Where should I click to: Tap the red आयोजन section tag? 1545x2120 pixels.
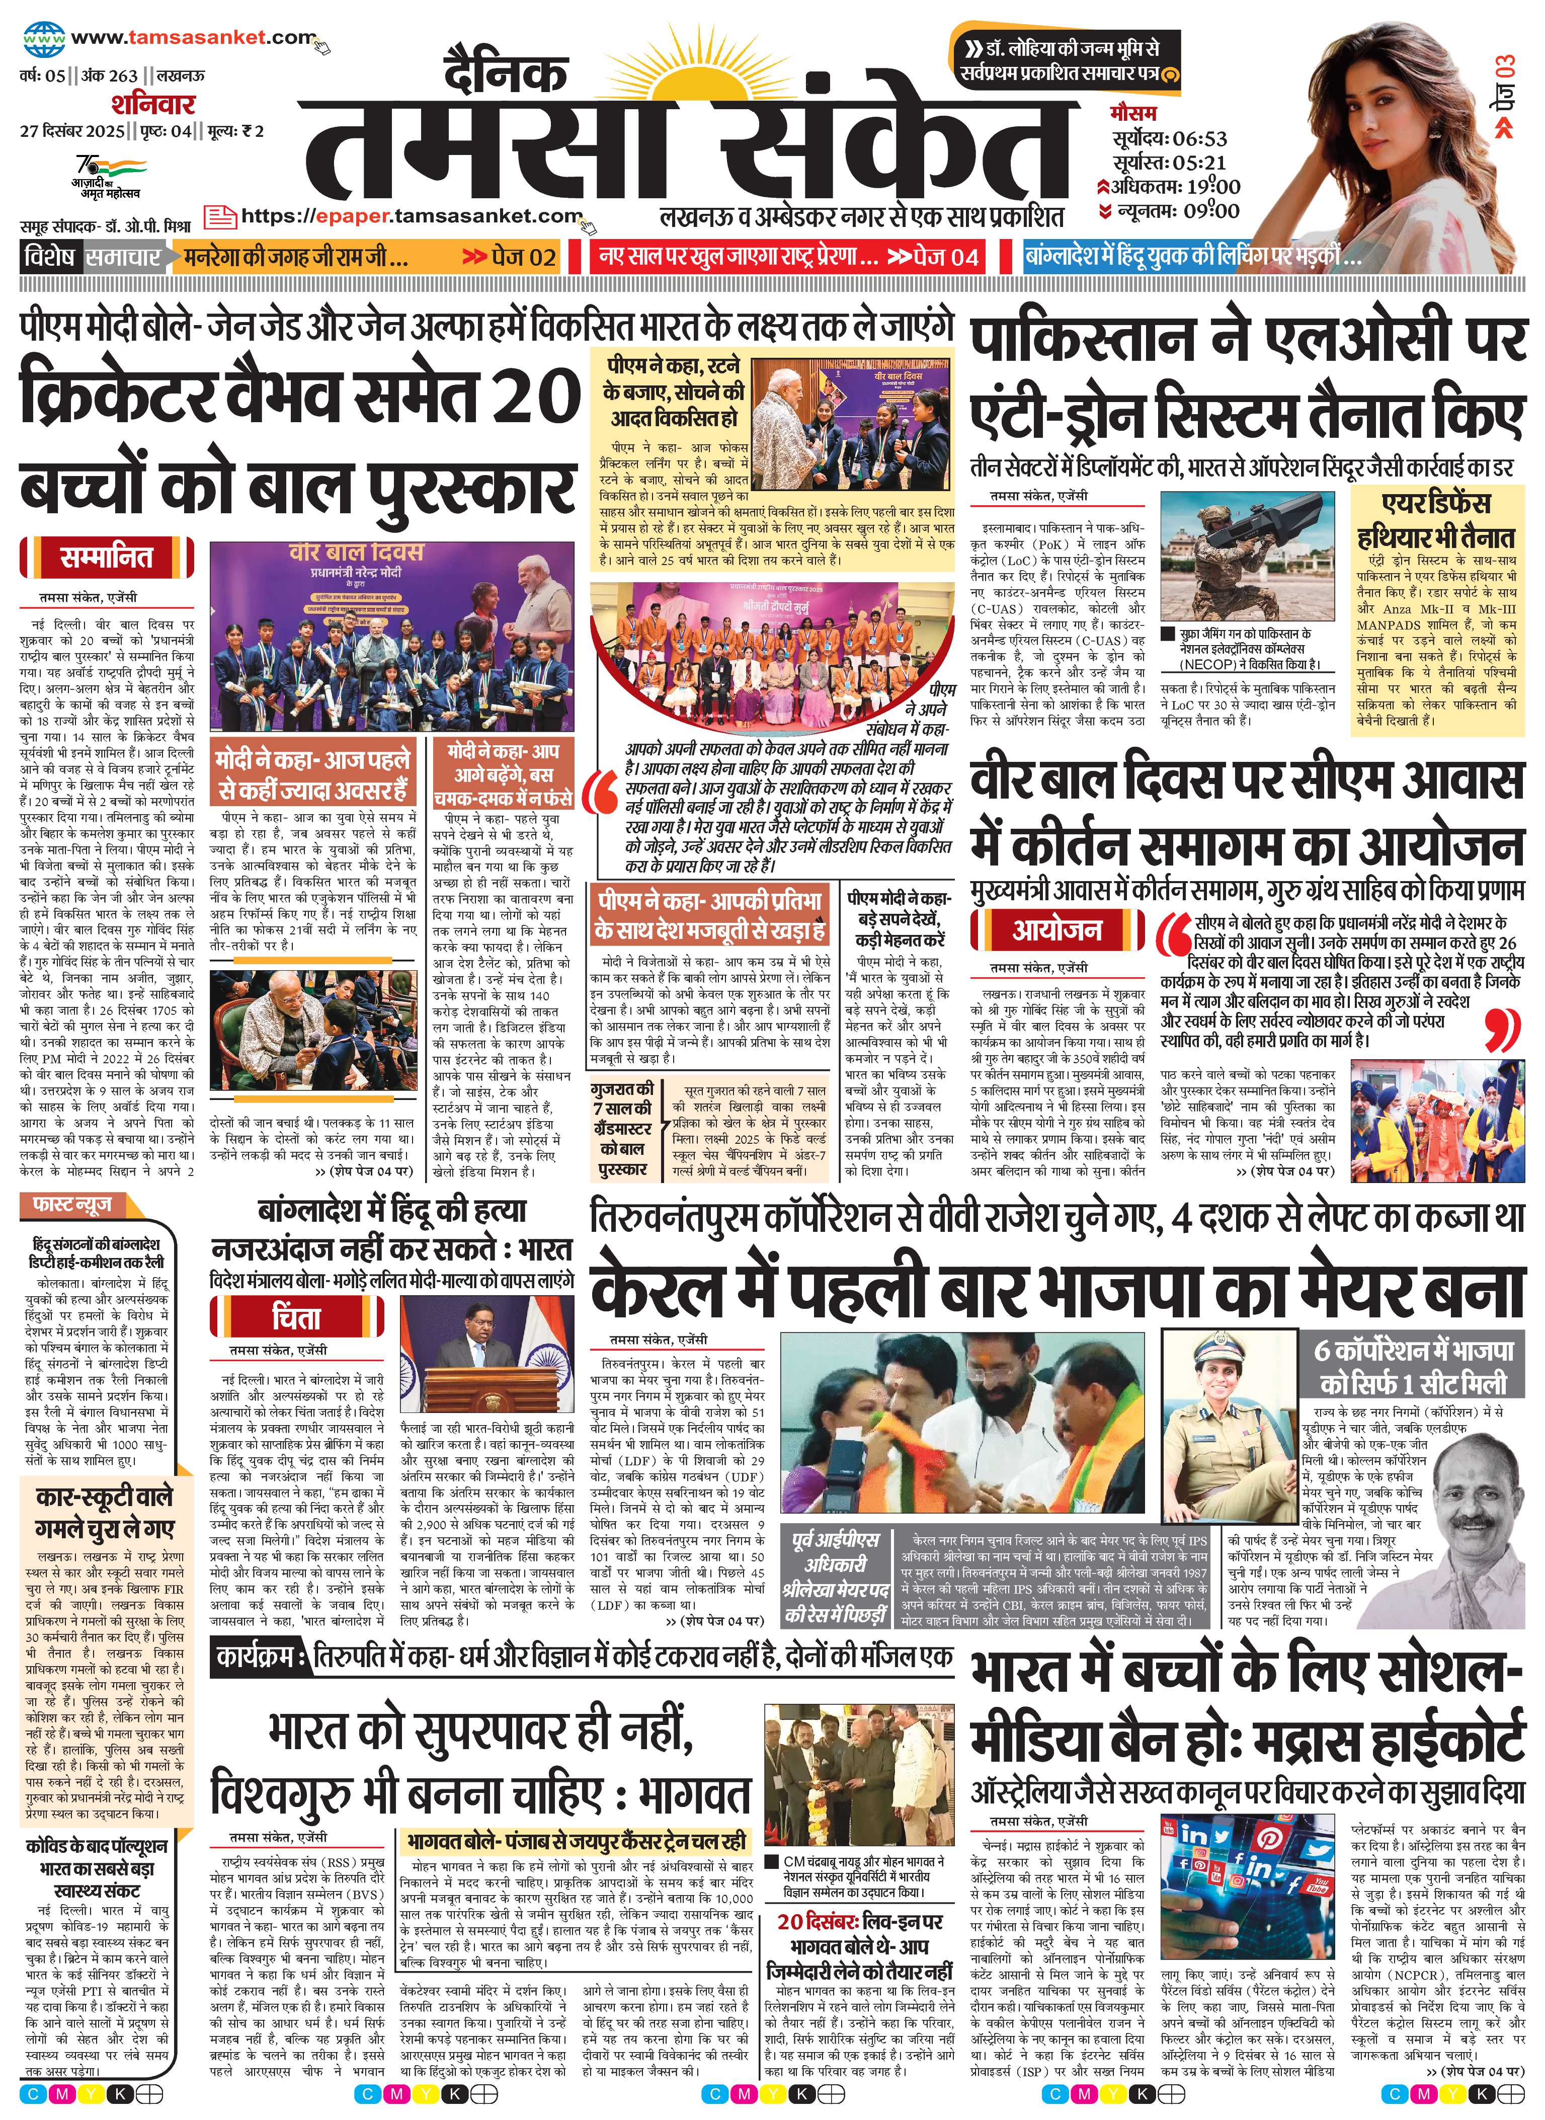click(x=1057, y=929)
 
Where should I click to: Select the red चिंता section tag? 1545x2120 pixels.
click(x=295, y=1318)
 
